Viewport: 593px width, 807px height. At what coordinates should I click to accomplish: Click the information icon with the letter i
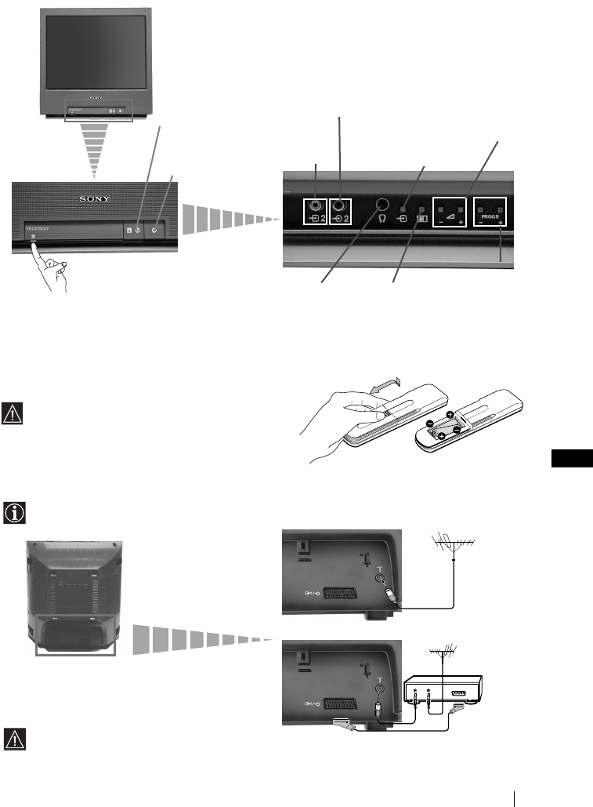click(x=15, y=513)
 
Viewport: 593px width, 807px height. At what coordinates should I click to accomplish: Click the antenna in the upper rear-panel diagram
click(x=456, y=544)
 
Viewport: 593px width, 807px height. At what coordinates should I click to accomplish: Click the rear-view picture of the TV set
click(x=74, y=596)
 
